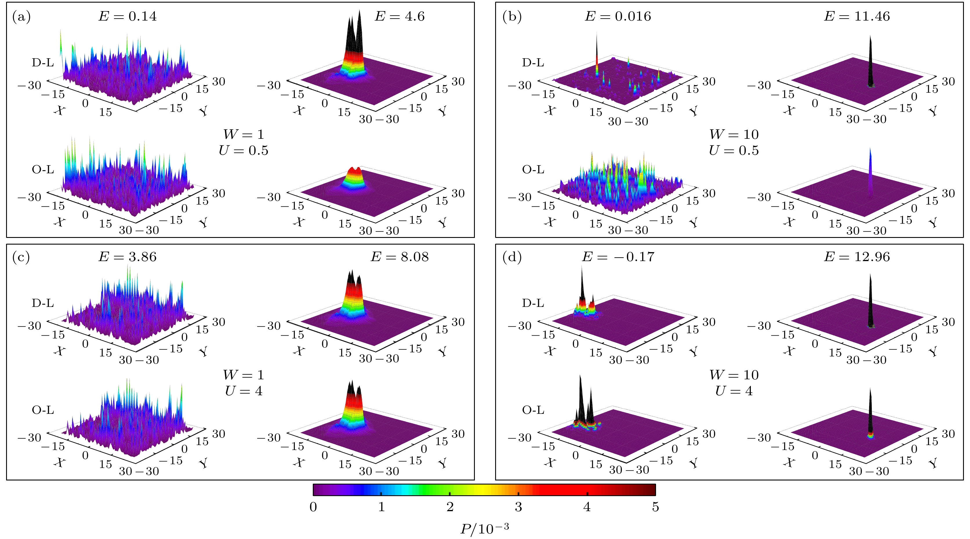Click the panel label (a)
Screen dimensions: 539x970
[x=21, y=17]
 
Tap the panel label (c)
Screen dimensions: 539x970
[x=21, y=257]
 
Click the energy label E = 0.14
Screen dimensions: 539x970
[x=127, y=16]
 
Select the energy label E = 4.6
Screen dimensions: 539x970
[x=399, y=16]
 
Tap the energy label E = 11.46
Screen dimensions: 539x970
[x=857, y=16]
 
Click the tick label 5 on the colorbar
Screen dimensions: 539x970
[x=655, y=507]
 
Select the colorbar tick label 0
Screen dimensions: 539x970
[x=313, y=507]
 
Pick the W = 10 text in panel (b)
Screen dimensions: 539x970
[x=733, y=134]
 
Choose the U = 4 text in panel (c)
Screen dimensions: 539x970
[x=244, y=391]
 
